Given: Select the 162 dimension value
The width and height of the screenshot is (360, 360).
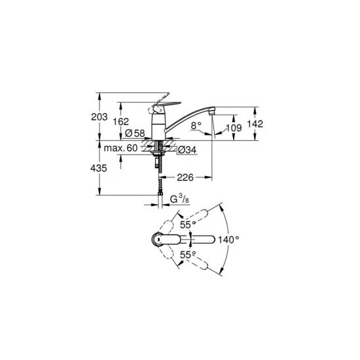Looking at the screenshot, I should [121, 122].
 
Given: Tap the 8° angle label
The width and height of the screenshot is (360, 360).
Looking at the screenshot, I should [195, 124].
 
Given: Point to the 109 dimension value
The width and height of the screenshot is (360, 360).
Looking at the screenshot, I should [233, 128].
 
